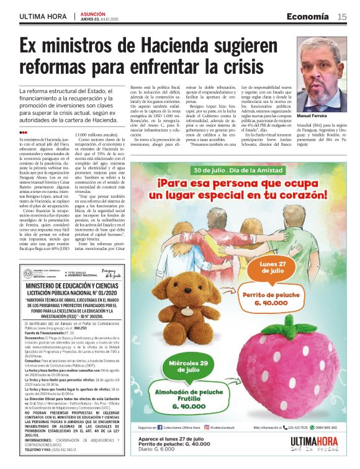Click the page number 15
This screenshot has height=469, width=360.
tap(342, 16)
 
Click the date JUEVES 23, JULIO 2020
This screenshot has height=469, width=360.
tap(97, 19)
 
